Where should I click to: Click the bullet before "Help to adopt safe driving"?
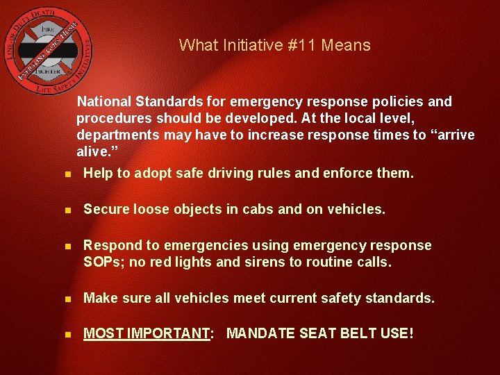pos(66,174)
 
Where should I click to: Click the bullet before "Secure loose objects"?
pos(66,210)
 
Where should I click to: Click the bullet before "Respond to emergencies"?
pos(66,246)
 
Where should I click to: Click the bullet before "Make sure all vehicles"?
pos(66,299)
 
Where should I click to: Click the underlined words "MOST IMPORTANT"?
pos(147,334)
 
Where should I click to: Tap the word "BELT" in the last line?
pos(356,334)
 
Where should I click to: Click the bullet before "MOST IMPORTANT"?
pos(66,335)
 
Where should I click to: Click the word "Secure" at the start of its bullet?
pos(106,209)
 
